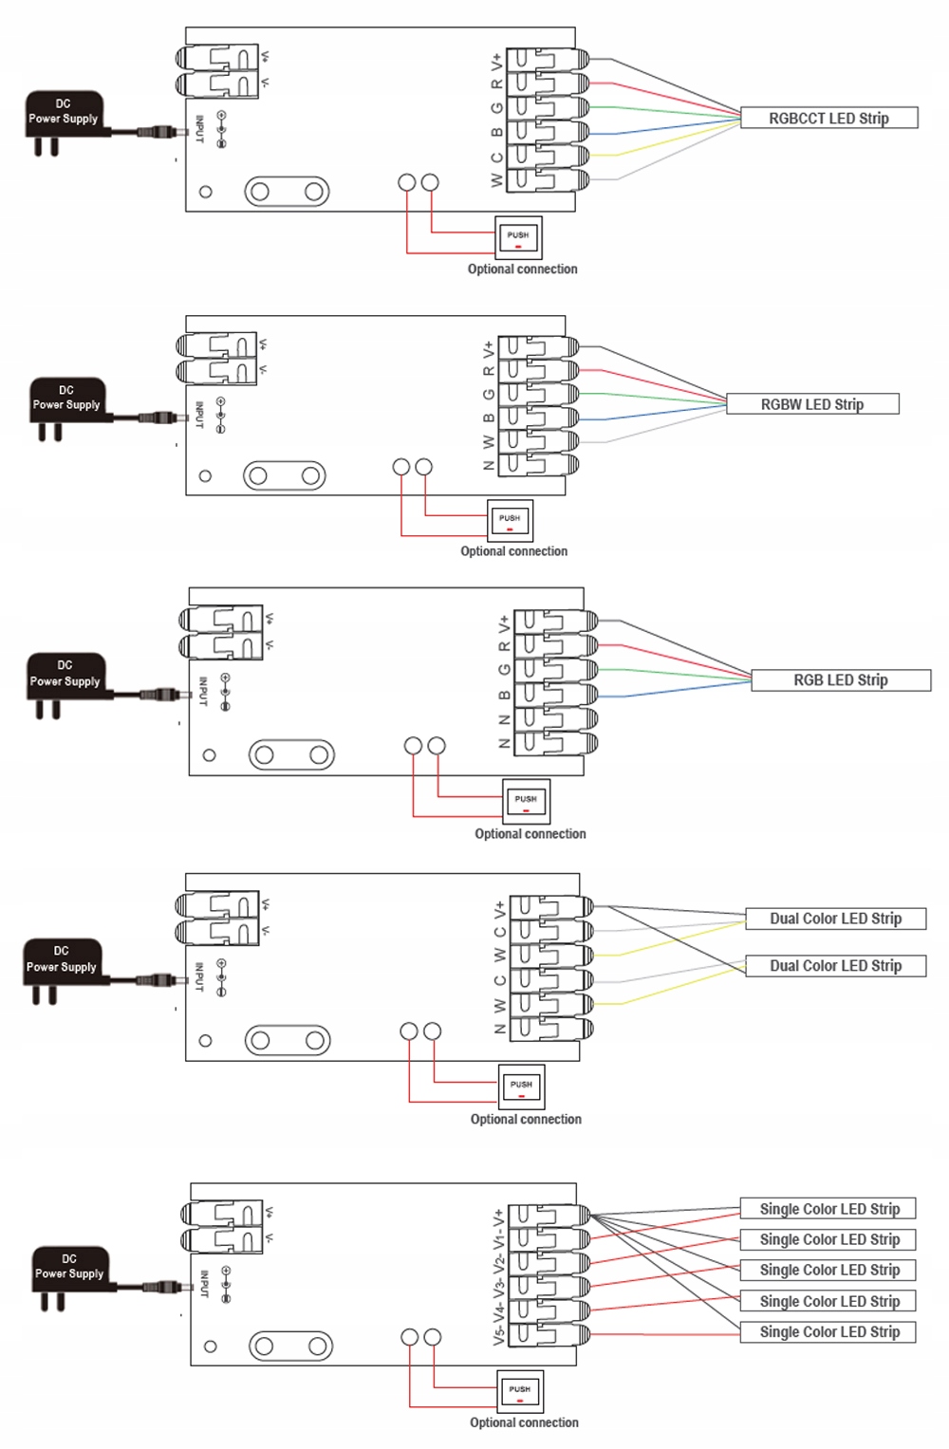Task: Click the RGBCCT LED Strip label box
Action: tap(828, 119)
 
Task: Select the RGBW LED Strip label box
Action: tap(812, 404)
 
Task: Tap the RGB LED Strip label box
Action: tap(841, 680)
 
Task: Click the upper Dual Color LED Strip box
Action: tap(835, 919)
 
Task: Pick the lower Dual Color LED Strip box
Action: tap(835, 966)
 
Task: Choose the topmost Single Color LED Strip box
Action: tap(828, 1209)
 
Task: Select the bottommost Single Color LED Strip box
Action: tap(828, 1332)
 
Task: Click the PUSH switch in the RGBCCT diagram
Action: tap(518, 237)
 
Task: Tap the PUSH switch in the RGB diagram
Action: tap(526, 802)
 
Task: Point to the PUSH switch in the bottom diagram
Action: tap(520, 1392)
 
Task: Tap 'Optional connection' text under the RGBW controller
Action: tap(513, 551)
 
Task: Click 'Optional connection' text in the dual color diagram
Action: tap(526, 1120)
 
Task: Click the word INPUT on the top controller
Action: tap(199, 130)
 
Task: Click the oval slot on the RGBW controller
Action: tap(285, 475)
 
